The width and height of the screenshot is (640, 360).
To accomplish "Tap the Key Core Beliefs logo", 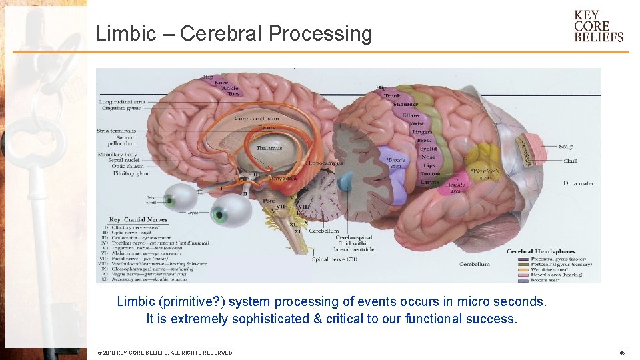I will coord(598,26).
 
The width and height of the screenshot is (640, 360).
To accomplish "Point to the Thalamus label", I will coord(269,148).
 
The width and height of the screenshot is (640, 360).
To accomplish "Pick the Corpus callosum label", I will coord(257,119).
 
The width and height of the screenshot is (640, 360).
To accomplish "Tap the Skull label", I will coord(570,161).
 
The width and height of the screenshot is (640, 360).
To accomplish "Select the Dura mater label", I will coord(578,183).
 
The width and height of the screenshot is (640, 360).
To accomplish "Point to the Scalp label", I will coord(565,147).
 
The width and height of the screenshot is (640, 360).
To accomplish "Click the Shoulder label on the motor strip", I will coord(405,104).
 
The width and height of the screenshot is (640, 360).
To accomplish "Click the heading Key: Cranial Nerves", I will coord(137,219).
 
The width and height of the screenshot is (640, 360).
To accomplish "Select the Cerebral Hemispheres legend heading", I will coord(541,251).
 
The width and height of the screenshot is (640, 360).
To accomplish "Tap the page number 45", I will coord(621,352).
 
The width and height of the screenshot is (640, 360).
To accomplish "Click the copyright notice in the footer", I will coord(165,352).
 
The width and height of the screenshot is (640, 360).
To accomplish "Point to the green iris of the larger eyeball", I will coord(218,214).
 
